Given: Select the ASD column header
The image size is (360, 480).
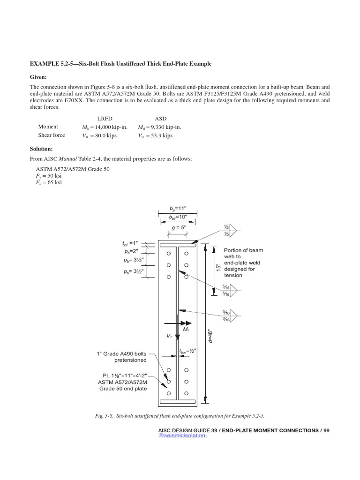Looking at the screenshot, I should (160, 118).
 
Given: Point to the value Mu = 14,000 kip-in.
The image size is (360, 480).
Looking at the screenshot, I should (105, 127).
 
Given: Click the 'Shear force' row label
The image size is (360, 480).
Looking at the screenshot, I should (52, 135).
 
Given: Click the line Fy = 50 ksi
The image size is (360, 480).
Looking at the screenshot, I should (48, 175).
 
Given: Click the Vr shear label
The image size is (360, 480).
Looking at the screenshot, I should (169, 337).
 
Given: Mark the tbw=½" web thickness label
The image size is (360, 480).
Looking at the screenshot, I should (187, 351).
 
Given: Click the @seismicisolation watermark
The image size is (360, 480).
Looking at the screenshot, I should (182, 435).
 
